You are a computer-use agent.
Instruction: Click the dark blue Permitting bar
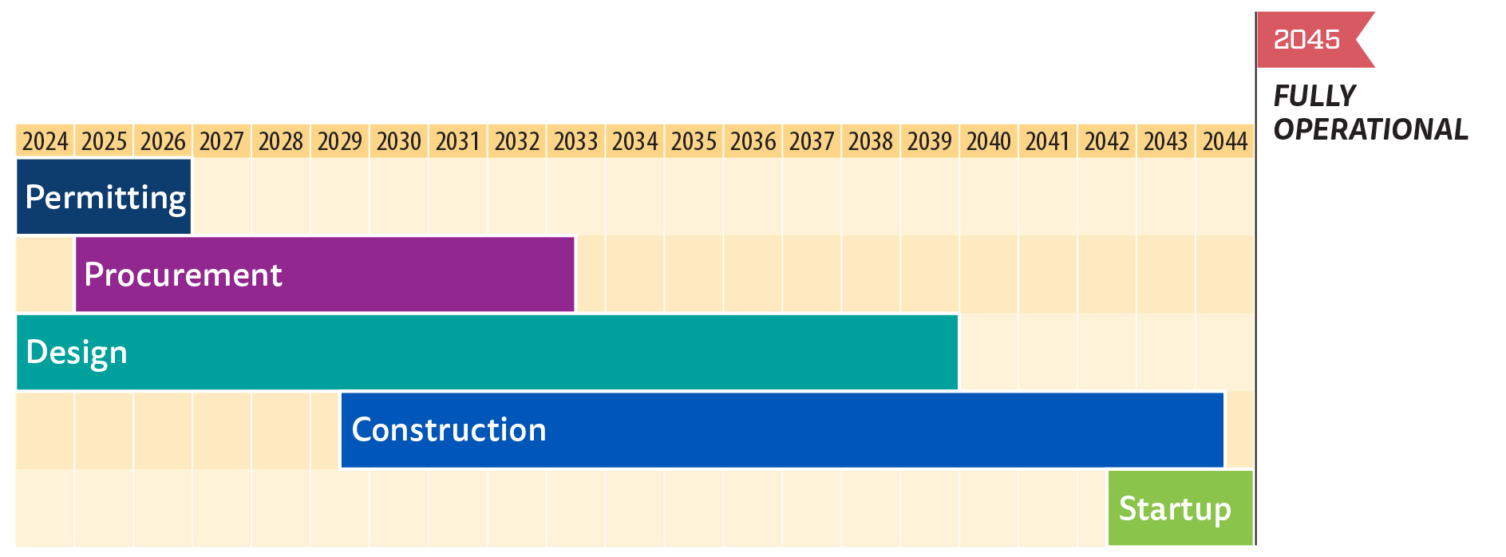tap(104, 196)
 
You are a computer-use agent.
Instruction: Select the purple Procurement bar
tap(325, 274)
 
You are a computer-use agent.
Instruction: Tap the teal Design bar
tap(487, 352)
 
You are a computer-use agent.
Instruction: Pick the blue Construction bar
tap(782, 429)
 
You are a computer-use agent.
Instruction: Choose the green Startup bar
tap(1180, 508)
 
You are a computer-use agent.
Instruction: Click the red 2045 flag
tap(1309, 39)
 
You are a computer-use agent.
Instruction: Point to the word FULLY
tap(1314, 96)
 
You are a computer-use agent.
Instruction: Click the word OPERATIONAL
tap(1370, 129)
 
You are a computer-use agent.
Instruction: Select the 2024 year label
tap(45, 141)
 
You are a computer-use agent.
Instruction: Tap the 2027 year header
tap(222, 141)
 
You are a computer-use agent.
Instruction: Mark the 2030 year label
tap(399, 141)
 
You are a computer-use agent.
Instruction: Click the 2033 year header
tap(576, 141)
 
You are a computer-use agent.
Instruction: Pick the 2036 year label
tap(753, 141)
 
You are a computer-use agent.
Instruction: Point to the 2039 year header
tap(930, 141)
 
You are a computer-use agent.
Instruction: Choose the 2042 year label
tap(1107, 141)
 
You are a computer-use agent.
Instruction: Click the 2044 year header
tap(1225, 141)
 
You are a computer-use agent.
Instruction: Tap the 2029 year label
tap(340, 141)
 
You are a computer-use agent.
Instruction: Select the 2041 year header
tap(1048, 141)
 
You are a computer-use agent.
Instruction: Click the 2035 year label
tap(694, 141)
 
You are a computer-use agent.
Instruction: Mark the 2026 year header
tap(163, 141)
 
